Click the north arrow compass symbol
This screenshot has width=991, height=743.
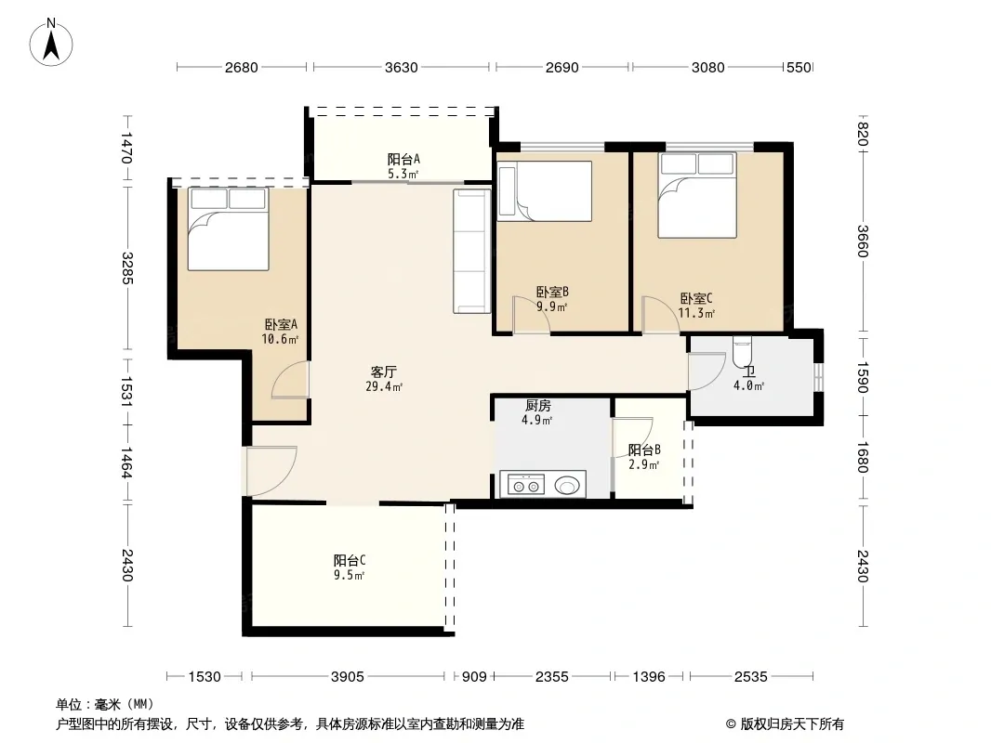[51, 43]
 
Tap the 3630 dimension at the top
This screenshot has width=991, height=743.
[402, 67]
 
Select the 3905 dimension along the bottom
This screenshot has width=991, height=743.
[348, 677]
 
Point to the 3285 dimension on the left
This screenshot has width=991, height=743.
[127, 267]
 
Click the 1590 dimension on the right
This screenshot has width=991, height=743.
[864, 377]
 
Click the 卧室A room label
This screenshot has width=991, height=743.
[281, 324]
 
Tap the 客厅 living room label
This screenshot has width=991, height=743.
[384, 371]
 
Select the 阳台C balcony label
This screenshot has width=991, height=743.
[350, 561]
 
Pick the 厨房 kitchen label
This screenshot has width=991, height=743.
[538, 406]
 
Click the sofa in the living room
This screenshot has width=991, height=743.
[472, 251]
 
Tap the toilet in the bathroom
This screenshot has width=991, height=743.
[742, 351]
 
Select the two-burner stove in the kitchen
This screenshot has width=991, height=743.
[526, 486]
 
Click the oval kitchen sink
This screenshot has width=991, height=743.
[567, 486]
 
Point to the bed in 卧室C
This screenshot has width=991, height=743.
[697, 195]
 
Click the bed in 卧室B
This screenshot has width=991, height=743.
[544, 191]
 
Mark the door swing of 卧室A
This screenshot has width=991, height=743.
[290, 379]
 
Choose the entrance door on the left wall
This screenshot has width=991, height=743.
[271, 471]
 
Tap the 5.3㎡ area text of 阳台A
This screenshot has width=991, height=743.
[403, 174]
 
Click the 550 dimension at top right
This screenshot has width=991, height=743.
[799, 67]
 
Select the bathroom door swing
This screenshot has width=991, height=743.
[707, 371]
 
